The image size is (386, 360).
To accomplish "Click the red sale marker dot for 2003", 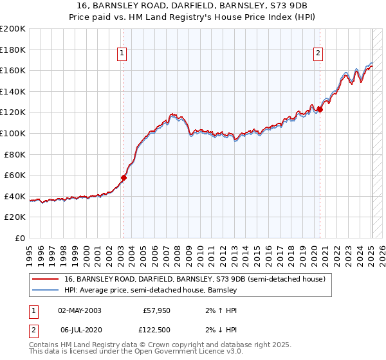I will (x=124, y=178).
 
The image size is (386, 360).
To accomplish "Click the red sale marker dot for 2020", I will (x=320, y=109).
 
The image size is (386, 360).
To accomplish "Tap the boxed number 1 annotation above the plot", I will (x=122, y=54).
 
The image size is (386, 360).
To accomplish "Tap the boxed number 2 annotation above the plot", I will (x=318, y=54).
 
